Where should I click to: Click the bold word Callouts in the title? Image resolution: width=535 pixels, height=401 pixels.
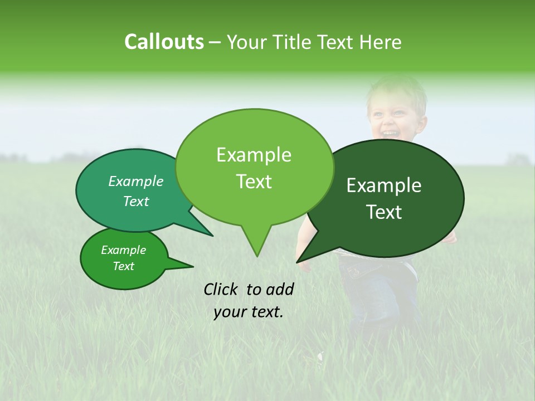click(164, 42)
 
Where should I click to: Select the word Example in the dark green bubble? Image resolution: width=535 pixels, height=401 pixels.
click(384, 185)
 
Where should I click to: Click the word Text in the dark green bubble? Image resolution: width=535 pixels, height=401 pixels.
click(384, 212)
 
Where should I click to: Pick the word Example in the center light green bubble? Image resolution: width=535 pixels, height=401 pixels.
click(254, 155)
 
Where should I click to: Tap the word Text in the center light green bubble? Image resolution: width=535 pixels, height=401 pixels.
click(254, 182)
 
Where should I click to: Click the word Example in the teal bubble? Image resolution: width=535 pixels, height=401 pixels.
click(135, 182)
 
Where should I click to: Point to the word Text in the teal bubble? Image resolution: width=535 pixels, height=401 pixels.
click(135, 202)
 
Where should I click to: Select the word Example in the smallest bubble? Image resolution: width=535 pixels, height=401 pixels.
click(123, 250)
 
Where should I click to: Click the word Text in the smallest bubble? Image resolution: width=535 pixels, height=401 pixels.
click(123, 266)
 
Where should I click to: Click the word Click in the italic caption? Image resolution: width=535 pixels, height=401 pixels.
click(222, 289)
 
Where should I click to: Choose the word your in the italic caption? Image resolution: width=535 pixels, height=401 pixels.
click(230, 312)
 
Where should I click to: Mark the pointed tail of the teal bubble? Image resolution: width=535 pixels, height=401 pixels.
click(212, 235)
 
